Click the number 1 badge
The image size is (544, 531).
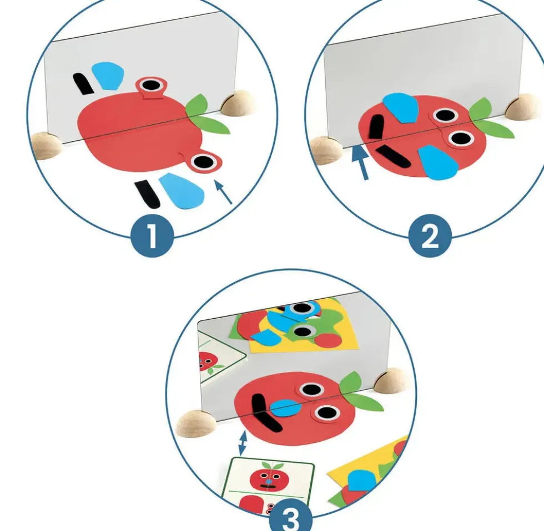coord(152,236)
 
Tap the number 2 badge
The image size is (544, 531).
coord(430,236)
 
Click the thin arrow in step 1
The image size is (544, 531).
coord(223,192)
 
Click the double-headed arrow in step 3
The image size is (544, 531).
coord(243,443)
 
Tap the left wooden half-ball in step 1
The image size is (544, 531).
coord(46,145)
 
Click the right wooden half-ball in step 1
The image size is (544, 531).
coord(238,103)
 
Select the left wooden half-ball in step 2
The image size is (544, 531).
coord(326,150)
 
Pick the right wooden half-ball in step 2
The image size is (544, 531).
coord(523,106)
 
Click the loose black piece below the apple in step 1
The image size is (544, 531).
coord(148,194)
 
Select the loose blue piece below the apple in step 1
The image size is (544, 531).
coord(182,191)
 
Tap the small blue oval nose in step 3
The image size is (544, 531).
coord(285,408)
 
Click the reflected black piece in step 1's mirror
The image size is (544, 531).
coord(83,84)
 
